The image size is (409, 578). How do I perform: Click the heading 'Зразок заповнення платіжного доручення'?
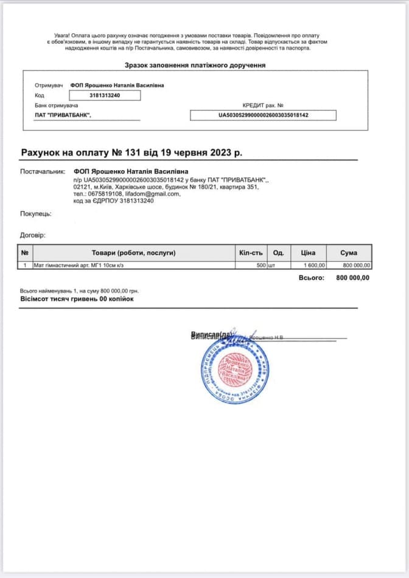195,65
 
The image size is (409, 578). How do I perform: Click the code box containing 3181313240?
105,95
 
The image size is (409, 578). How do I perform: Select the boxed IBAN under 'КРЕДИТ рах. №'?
263,115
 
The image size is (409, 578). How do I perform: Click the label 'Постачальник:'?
43,172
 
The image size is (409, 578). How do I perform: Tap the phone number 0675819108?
104,194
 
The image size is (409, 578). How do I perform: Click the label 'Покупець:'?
36,213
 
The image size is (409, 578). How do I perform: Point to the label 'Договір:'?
33,235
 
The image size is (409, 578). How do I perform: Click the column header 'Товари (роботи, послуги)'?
133,253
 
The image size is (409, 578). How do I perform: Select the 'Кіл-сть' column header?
251,253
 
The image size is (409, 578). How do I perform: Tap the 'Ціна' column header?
308,253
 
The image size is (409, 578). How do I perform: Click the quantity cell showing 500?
261,266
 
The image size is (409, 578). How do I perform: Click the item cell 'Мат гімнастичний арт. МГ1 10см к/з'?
82,266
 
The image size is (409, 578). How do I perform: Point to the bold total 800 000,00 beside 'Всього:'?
352,278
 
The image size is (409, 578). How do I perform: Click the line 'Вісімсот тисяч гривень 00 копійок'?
77,299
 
